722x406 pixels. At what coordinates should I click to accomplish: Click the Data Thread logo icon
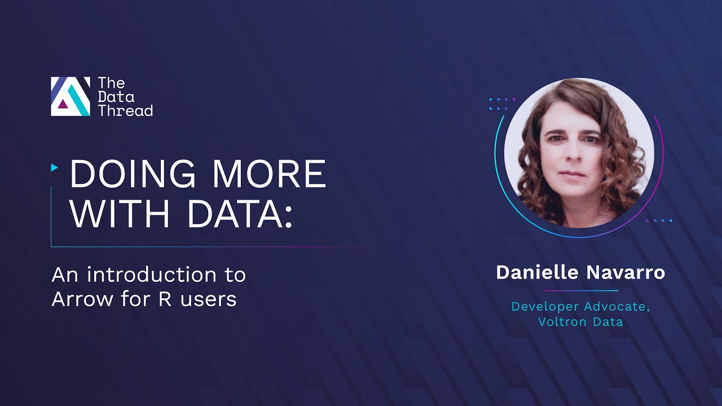[71, 96]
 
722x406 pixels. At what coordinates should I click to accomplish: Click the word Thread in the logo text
[125, 111]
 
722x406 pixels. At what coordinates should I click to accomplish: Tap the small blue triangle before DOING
[54, 167]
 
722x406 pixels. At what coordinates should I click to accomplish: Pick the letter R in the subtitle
[165, 299]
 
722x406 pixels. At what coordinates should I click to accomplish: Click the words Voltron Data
[580, 322]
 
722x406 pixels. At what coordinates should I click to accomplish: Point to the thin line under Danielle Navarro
[580, 291]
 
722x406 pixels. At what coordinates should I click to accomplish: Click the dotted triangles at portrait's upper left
[502, 104]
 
